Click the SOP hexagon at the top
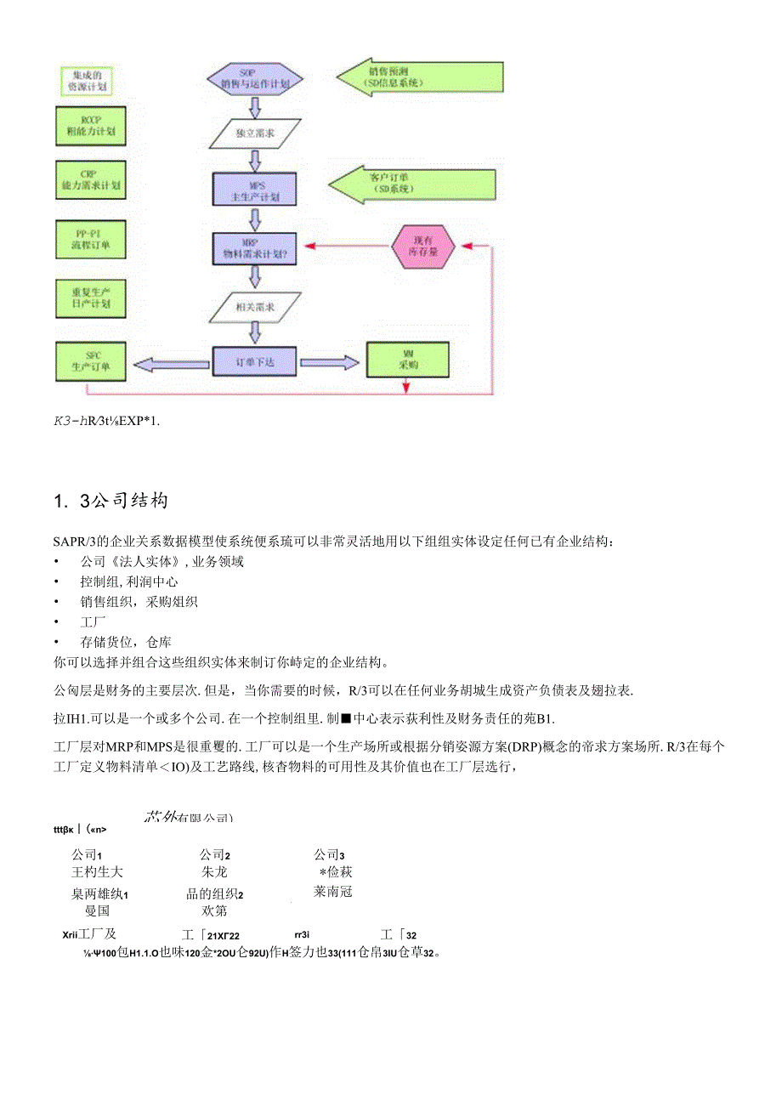coord(254,78)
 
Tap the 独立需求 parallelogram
coord(255,133)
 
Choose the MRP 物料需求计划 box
coord(255,247)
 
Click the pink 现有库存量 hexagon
coord(423,247)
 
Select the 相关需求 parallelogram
coord(255,306)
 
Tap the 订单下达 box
coord(255,361)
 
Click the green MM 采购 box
coord(408,361)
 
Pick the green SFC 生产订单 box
coord(89,361)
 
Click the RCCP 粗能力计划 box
coord(90,125)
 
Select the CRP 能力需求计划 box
coord(90,179)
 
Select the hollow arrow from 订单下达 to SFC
coord(175,364)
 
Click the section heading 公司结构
coord(110,501)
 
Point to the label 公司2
coord(215,854)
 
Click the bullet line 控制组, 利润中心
coord(129,581)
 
